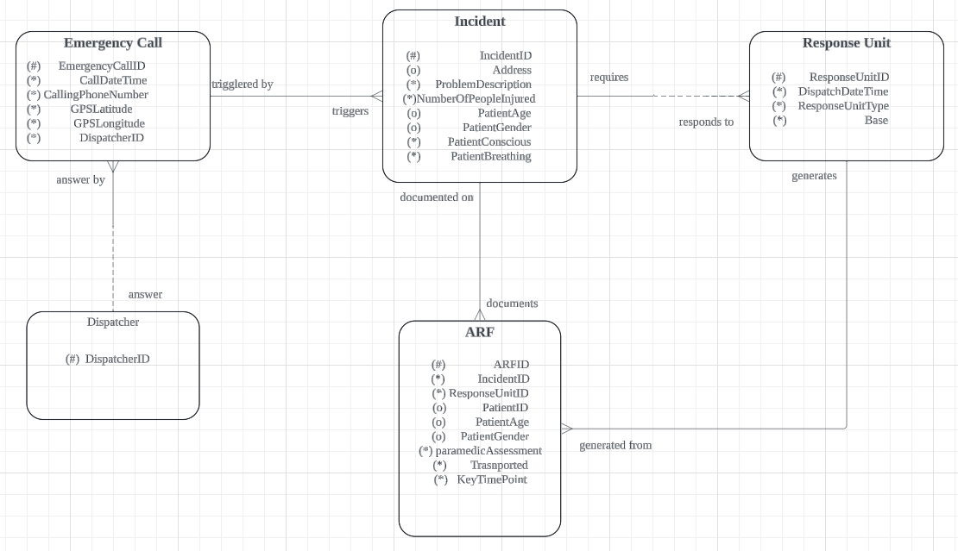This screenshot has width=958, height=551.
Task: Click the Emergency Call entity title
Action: [113, 43]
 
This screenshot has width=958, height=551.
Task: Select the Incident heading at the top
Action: [480, 22]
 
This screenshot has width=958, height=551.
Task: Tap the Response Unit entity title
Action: [846, 43]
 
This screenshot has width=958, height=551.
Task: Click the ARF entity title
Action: [480, 332]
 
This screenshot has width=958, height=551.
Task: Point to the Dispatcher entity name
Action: [113, 322]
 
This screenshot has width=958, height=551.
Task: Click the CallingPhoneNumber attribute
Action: [96, 95]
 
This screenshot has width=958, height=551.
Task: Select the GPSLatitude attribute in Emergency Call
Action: [102, 110]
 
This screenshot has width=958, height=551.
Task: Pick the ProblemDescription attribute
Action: [483, 85]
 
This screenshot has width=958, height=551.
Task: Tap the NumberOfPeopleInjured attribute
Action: [476, 99]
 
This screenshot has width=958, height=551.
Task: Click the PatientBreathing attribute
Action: [490, 157]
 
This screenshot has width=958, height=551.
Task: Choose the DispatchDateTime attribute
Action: [843, 91]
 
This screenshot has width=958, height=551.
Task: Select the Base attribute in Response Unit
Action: [876, 121]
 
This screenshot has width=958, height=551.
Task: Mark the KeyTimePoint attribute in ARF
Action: [492, 479]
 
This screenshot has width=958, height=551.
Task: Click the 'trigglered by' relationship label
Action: [243, 85]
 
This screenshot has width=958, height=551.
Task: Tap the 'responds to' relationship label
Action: [706, 122]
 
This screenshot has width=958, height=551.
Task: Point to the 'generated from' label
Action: [615, 446]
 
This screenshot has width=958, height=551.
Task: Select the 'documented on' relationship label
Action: [437, 197]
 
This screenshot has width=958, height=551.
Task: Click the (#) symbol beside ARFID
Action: [438, 365]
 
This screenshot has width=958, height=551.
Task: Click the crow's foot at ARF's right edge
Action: [567, 428]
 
